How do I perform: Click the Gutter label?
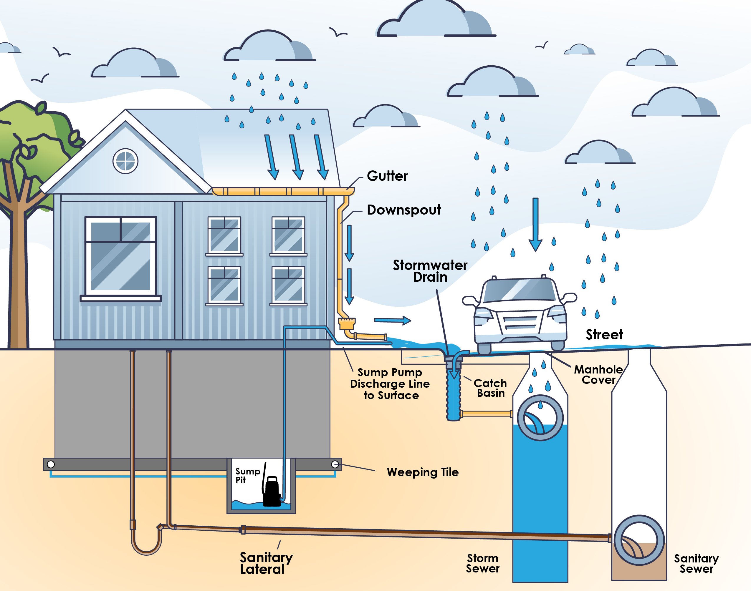(x=387, y=176)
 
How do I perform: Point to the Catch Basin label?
(x=490, y=388)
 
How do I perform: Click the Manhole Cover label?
(x=598, y=375)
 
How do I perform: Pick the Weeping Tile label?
(x=422, y=472)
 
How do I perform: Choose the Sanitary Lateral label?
(x=266, y=563)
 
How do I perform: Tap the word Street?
(x=604, y=335)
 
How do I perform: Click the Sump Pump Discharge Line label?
(x=390, y=384)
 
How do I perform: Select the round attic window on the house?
(x=125, y=161)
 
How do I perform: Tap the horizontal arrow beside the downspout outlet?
(x=392, y=321)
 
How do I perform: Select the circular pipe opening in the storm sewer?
(x=540, y=418)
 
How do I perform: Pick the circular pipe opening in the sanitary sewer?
(x=639, y=540)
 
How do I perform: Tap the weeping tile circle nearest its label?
(x=335, y=464)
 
